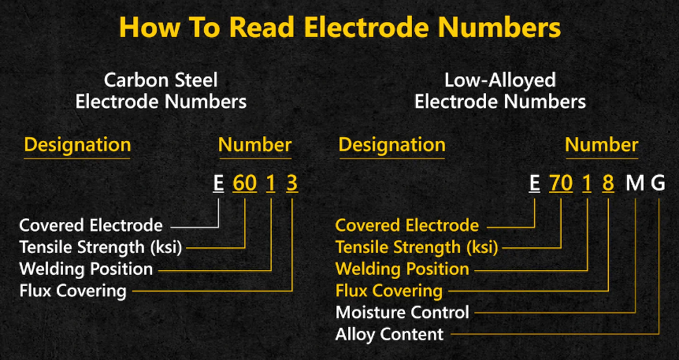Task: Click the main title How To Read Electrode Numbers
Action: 339,28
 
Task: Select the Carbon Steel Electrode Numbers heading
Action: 161,91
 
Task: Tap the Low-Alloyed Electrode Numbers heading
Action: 499,91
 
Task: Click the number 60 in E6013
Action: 245,184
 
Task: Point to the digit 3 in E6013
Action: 291,184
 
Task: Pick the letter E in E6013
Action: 218,184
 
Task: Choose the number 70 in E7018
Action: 560,184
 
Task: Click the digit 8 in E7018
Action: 607,184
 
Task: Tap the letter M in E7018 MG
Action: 635,184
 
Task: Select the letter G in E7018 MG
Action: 659,184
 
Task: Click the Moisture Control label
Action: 402,312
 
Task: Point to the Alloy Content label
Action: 389,334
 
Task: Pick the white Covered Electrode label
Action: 91,225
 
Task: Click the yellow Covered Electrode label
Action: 406,225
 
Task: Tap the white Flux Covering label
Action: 72,291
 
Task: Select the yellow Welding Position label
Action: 402,269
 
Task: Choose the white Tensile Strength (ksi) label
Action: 101,247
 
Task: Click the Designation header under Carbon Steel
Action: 77,145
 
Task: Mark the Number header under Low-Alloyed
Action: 601,145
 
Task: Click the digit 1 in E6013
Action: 270,184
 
